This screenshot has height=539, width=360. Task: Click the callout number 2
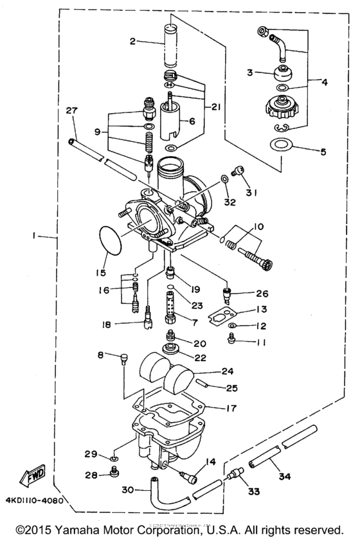click(x=132, y=42)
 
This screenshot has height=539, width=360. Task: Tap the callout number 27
click(x=71, y=111)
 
